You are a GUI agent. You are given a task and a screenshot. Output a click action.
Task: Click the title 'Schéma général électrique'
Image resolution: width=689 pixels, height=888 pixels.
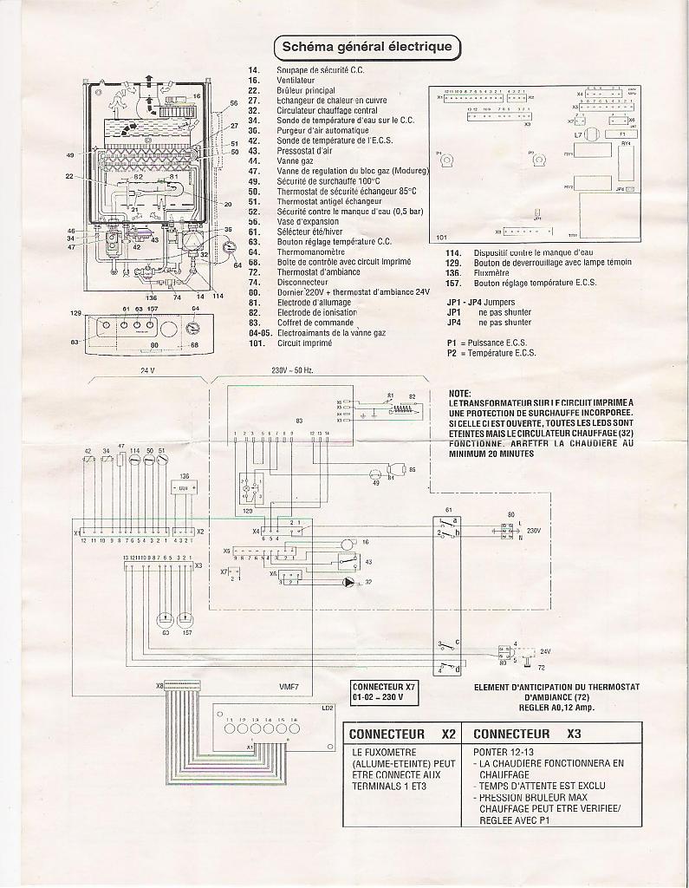pos(367,46)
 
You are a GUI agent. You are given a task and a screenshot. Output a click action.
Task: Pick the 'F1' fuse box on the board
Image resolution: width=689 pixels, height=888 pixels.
pos(621,135)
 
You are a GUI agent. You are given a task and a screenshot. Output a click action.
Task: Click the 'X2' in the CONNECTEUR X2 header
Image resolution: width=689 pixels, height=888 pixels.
pos(448,734)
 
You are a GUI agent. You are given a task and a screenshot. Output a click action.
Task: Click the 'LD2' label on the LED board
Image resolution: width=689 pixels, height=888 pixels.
pos(327,708)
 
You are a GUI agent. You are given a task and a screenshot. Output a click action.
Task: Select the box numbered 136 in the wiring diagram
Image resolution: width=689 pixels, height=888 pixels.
pos(183,489)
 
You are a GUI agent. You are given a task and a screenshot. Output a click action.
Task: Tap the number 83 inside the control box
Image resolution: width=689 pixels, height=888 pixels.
pos(300,420)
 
